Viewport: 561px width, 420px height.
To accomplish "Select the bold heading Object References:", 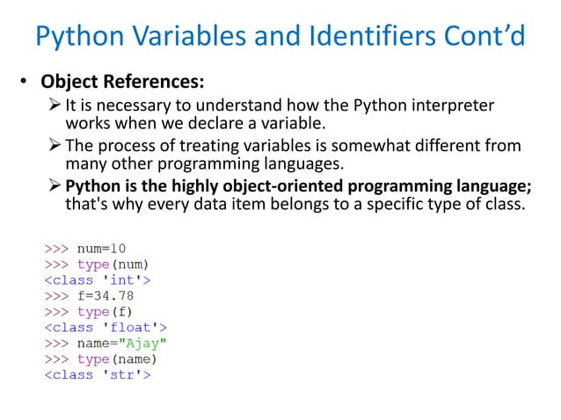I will [x=123, y=83].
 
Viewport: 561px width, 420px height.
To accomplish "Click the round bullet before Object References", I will [x=26, y=84].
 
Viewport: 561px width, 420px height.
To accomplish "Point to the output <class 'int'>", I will [x=98, y=280].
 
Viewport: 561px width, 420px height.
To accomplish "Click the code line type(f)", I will [x=105, y=312].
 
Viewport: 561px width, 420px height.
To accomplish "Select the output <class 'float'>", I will [x=106, y=328].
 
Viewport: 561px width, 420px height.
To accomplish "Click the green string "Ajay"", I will [x=140, y=344].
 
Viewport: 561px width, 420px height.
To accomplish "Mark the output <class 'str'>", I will [x=98, y=375].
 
